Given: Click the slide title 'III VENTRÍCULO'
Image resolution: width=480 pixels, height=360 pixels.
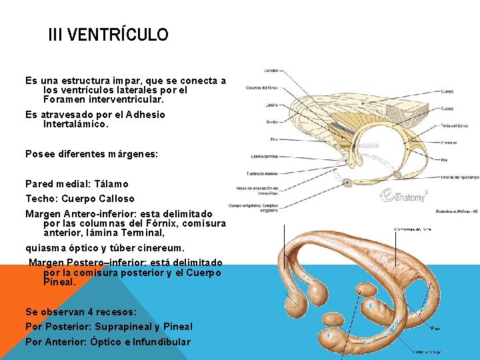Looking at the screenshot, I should [108, 35].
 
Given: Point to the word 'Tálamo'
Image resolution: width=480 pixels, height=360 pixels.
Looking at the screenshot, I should [111, 184].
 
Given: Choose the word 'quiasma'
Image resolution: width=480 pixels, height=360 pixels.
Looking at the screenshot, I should [45, 249].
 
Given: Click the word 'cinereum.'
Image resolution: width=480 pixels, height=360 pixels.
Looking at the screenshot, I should [159, 249].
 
